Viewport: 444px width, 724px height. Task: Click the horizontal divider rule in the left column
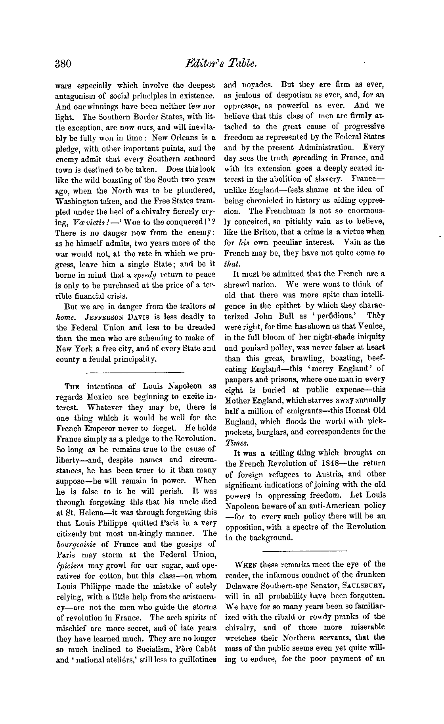coord(135,372)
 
